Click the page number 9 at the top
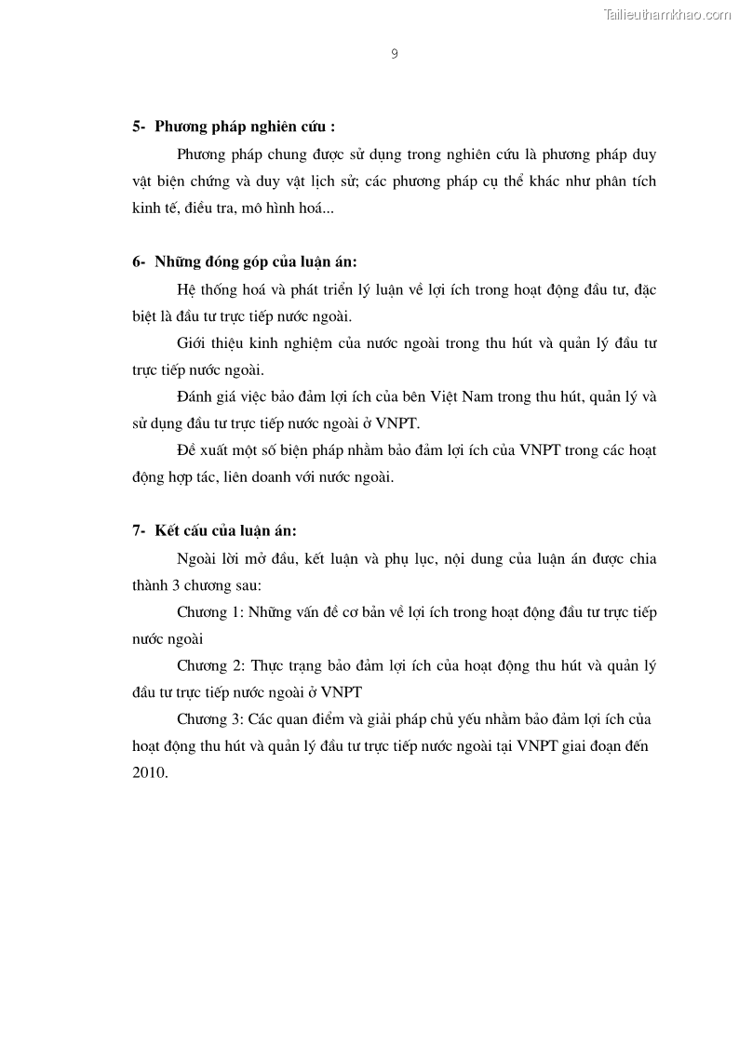click(x=395, y=54)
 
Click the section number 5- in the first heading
click(x=140, y=127)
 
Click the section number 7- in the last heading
click(x=140, y=530)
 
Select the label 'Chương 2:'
click(x=210, y=666)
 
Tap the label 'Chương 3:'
click(x=210, y=720)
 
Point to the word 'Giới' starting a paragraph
click(x=191, y=342)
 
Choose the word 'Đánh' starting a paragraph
click(x=194, y=396)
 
